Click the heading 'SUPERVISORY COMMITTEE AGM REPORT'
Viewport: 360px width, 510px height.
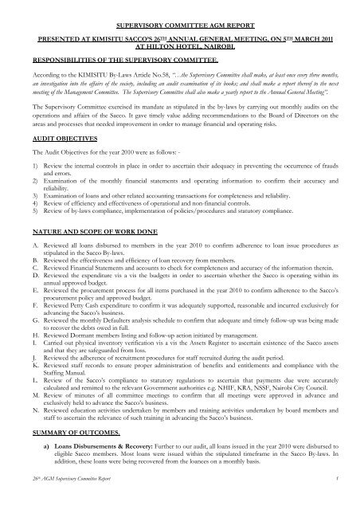click(x=180, y=14)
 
